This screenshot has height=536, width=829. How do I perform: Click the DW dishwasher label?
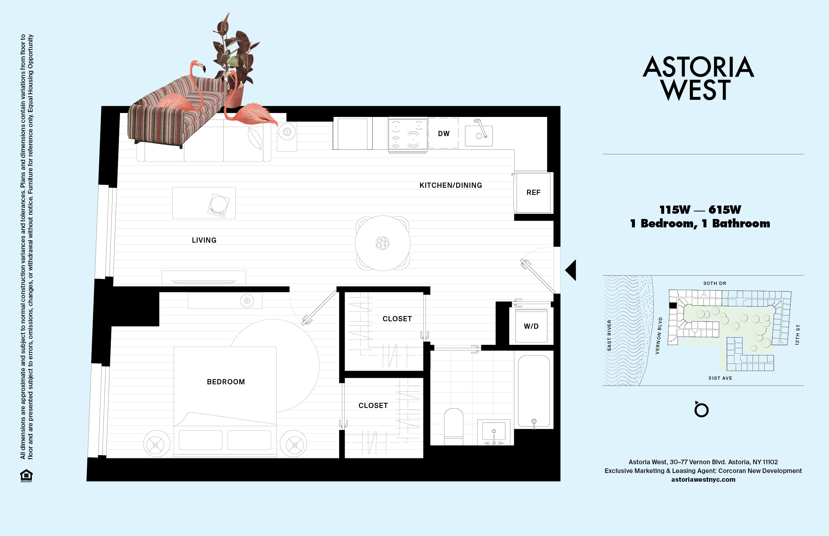(x=443, y=134)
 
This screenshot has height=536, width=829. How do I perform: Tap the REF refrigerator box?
(x=533, y=192)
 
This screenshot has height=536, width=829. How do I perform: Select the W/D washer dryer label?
(x=531, y=326)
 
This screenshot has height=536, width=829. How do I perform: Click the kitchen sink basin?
(x=479, y=136)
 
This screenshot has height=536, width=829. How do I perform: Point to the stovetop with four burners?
(x=408, y=134)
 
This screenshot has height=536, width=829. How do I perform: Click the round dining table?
(x=382, y=243)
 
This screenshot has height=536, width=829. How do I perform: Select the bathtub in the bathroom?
(x=533, y=390)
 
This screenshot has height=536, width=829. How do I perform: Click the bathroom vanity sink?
(x=493, y=432)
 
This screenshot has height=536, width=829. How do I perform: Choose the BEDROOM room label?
(x=226, y=382)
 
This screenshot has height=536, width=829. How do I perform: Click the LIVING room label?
(x=204, y=240)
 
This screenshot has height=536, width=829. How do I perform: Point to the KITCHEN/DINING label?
(x=450, y=185)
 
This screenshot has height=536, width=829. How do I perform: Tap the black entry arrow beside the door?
(x=571, y=270)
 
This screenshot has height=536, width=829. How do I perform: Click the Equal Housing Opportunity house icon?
(x=26, y=476)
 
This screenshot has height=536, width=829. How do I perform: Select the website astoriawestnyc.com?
(x=703, y=479)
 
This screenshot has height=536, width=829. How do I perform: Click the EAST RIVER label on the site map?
(x=609, y=335)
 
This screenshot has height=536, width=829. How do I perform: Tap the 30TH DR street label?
(x=715, y=283)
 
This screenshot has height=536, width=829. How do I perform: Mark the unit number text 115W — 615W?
(x=700, y=210)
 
